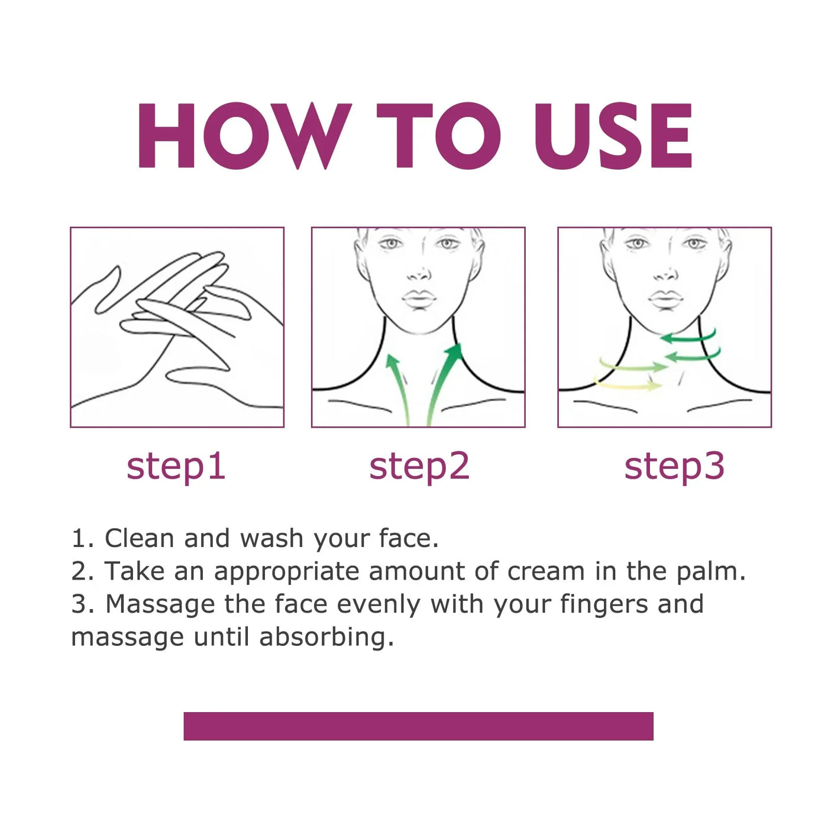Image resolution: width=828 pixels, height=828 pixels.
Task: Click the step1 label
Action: tap(176, 467)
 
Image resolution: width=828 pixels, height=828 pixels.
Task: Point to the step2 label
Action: tap(419, 467)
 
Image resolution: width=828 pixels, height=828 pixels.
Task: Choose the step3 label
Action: tap(674, 467)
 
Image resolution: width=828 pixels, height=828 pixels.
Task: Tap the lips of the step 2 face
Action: tap(419, 299)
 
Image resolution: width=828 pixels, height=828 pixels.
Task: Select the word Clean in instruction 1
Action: tap(139, 538)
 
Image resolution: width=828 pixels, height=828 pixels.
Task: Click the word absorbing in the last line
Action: tap(326, 638)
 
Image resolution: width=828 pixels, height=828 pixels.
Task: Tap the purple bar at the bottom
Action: tap(418, 726)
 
